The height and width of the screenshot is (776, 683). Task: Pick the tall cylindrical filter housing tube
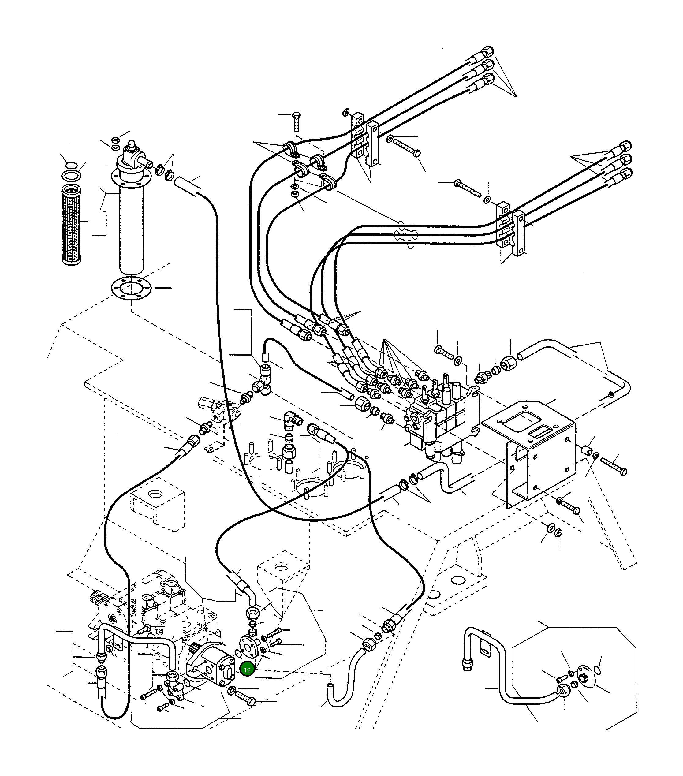pyautogui.click(x=131, y=232)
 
